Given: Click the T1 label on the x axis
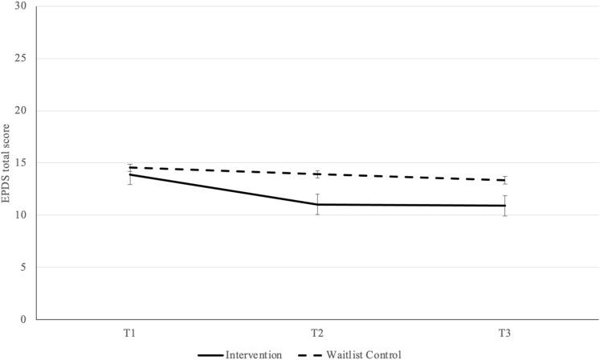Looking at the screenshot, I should (130, 331).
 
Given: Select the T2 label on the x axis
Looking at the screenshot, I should (317, 331).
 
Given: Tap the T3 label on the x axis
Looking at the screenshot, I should (504, 331).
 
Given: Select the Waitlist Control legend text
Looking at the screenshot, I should (364, 354).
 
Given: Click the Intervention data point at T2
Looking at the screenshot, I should (317, 204).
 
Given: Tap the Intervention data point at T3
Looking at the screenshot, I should (504, 206).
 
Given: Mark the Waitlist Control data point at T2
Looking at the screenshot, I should (317, 174).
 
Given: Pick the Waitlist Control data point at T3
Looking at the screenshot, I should (504, 180).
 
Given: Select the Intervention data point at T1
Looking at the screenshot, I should (130, 174).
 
